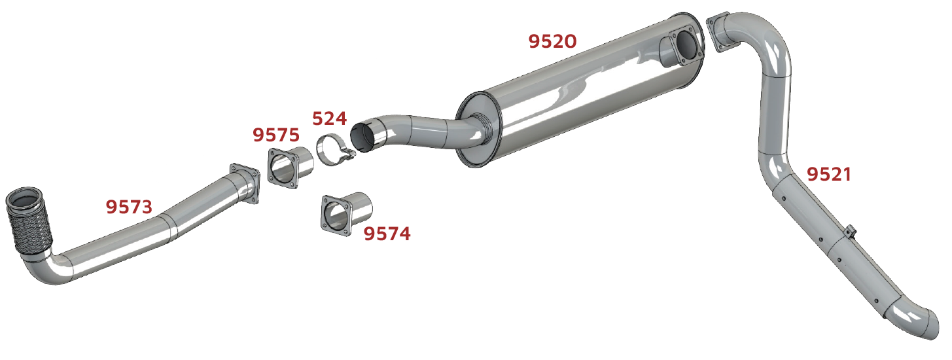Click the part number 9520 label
(x=552, y=41)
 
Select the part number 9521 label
(x=829, y=175)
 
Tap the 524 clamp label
(x=329, y=118)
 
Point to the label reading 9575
(x=276, y=135)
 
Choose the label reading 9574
(x=387, y=234)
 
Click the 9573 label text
(x=129, y=207)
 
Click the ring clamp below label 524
(x=334, y=151)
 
